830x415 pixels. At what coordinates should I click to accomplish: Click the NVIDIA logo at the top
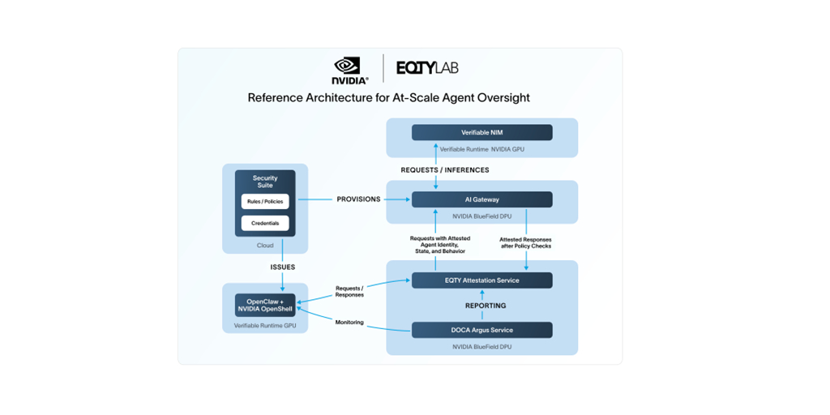tap(350, 70)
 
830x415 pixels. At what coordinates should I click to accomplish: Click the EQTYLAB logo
tap(427, 68)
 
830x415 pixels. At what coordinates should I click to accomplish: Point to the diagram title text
tap(388, 98)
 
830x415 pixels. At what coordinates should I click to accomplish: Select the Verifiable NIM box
tap(481, 132)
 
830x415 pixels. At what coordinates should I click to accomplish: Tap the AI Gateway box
tap(481, 199)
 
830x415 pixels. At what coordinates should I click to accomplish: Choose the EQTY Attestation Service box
tap(481, 280)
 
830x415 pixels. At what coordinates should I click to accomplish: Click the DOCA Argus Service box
tap(481, 330)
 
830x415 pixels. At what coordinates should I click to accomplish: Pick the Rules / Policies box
tap(265, 202)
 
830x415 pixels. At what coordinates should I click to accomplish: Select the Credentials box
tap(265, 223)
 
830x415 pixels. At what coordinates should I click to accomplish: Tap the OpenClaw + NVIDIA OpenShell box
tap(265, 305)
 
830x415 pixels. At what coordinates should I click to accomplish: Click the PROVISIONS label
tap(358, 199)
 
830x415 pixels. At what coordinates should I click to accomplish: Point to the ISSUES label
tap(283, 267)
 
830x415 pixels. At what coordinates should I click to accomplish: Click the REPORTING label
tap(486, 306)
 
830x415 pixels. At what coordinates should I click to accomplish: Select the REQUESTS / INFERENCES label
tap(445, 170)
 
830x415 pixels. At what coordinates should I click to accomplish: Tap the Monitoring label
tap(350, 323)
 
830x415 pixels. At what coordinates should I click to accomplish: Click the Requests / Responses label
tap(350, 291)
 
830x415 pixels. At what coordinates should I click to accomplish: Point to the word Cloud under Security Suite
tap(265, 245)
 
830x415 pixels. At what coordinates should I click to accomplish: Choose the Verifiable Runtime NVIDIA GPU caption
tap(481, 149)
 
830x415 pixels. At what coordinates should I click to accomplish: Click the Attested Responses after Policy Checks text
tap(524, 242)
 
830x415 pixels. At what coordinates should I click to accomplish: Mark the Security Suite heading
tap(265, 181)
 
